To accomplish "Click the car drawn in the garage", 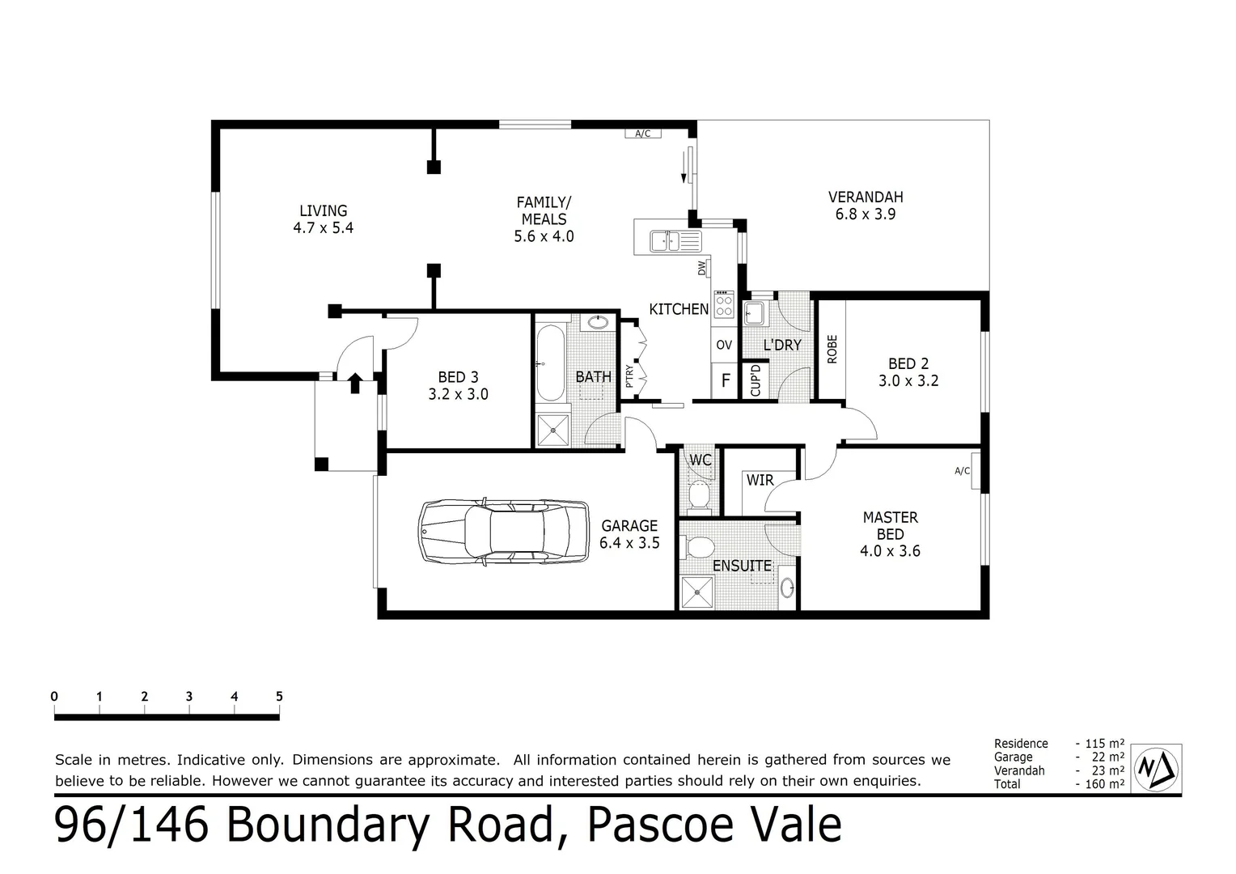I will click(x=504, y=531).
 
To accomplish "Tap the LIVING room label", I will click(x=323, y=211).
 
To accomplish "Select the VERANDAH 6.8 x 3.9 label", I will click(x=865, y=206).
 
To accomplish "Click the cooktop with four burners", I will click(x=724, y=306).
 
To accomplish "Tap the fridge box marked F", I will click(x=726, y=380).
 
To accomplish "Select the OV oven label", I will click(x=724, y=345).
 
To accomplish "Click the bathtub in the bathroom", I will click(x=550, y=363).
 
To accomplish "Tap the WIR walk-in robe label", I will click(x=760, y=481).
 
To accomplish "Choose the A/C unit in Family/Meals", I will click(x=643, y=134).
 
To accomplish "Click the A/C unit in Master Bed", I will click(x=963, y=471).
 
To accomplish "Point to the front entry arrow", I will click(x=354, y=382).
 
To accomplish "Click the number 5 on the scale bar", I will click(x=279, y=696).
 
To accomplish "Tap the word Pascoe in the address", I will click(x=666, y=825).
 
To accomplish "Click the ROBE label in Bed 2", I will click(x=832, y=349).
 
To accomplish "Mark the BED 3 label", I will click(x=458, y=377).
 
